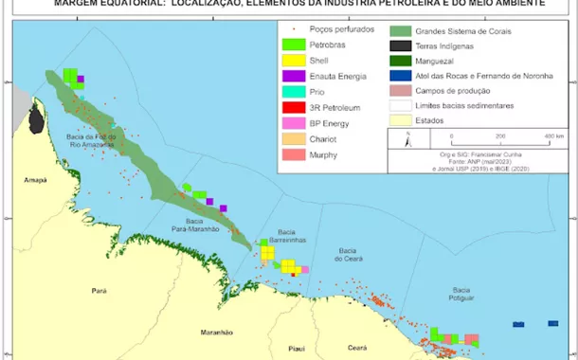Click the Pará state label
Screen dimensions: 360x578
[99, 290]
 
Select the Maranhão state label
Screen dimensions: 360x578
[217, 333]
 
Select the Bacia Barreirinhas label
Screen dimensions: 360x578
[289, 236]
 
